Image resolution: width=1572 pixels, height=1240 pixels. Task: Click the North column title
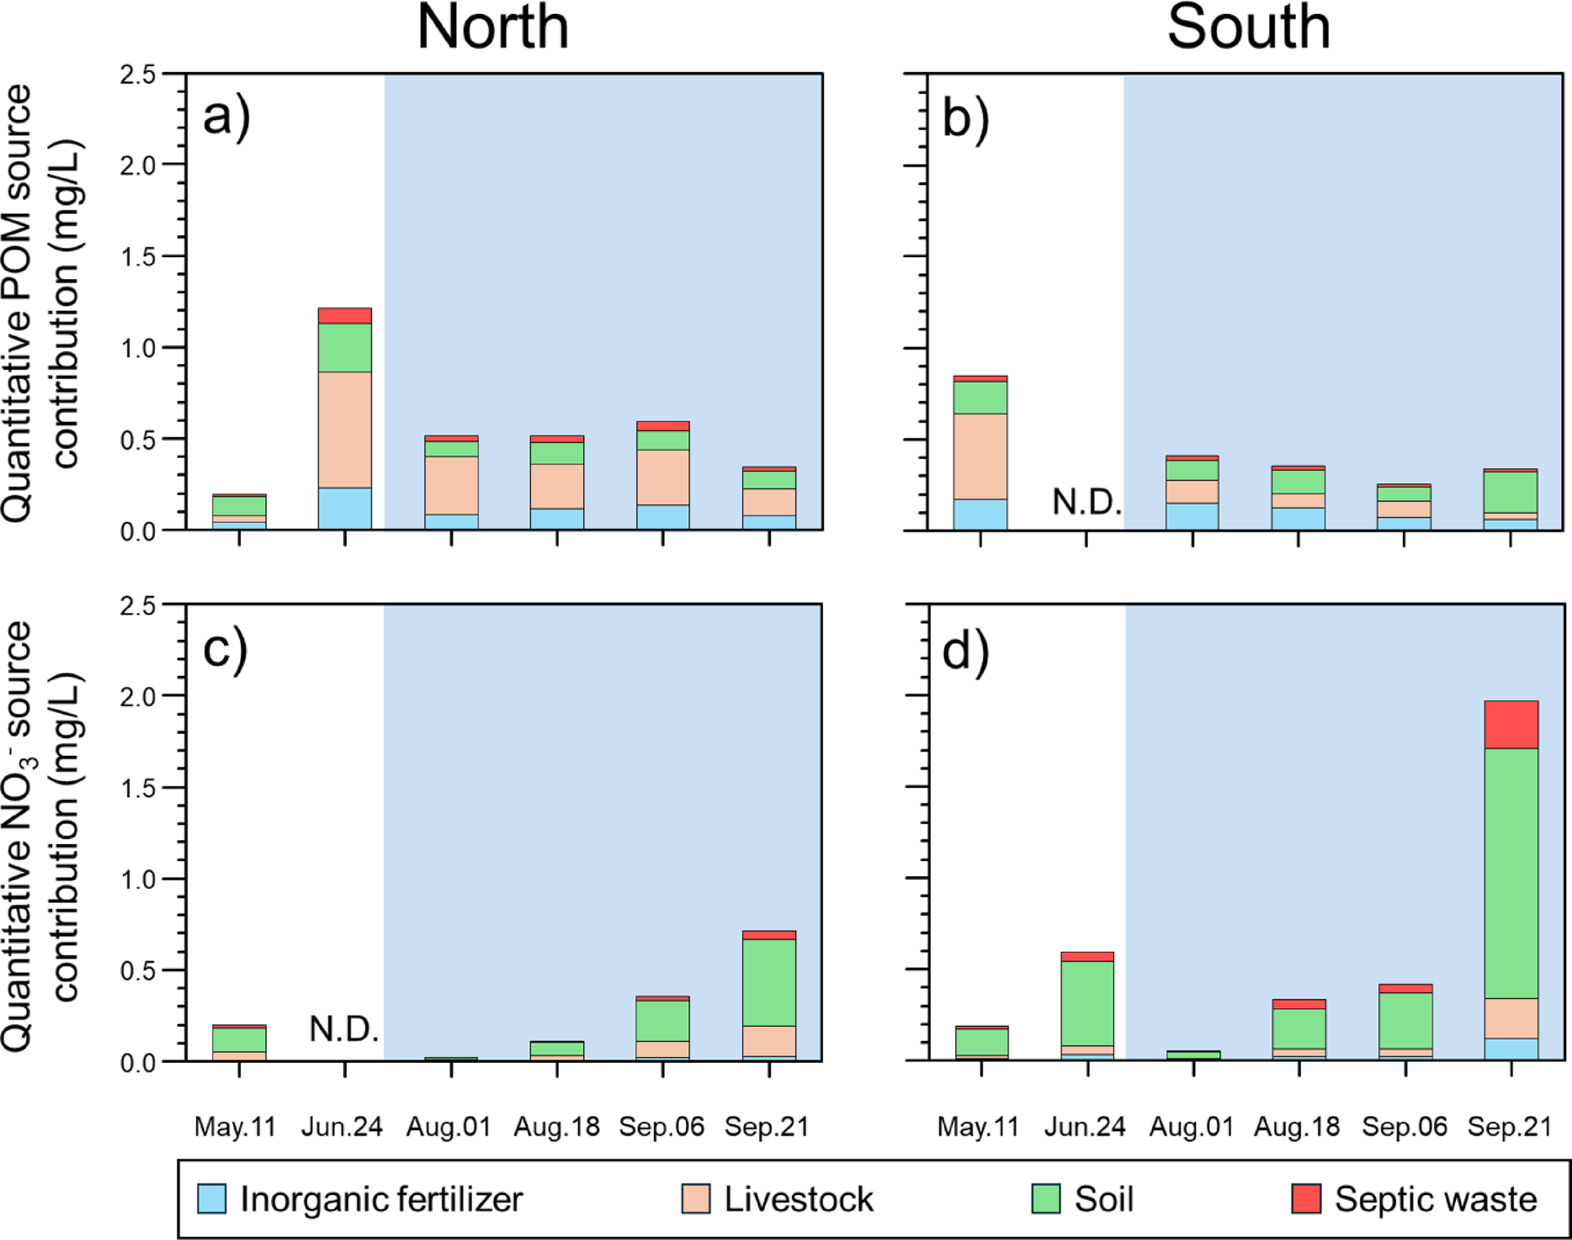[x=492, y=28]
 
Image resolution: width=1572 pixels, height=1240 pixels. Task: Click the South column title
[x=1248, y=28]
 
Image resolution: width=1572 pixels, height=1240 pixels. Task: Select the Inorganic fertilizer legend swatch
[x=212, y=1198]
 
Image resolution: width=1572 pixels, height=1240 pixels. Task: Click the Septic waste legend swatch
[x=1306, y=1198]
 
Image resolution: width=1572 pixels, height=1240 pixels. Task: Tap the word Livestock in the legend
[x=798, y=1199]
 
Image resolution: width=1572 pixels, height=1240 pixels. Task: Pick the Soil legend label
[x=1103, y=1199]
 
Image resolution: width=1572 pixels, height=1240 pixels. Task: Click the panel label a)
[x=226, y=118]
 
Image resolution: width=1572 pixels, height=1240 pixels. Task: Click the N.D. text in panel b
[x=1086, y=502]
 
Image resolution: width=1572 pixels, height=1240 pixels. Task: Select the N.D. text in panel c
[x=344, y=1029]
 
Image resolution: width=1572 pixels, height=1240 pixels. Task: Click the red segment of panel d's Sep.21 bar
[x=1511, y=724]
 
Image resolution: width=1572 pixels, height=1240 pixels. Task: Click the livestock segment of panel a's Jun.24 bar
[x=345, y=429]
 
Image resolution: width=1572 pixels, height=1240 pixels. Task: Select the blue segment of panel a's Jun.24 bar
[x=345, y=509]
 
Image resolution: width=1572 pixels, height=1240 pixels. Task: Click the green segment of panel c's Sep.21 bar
[x=768, y=982]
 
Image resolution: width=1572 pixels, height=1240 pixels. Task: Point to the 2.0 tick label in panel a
[x=137, y=166]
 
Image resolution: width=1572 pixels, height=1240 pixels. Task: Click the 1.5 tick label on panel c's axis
[x=137, y=789]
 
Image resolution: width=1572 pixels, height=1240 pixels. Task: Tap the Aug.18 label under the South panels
[x=1297, y=1127]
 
